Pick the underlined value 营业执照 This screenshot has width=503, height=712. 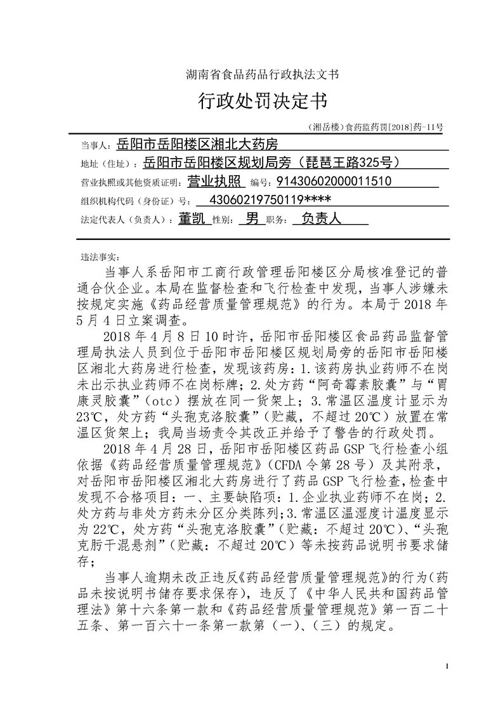[216, 181]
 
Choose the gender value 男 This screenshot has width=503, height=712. [252, 218]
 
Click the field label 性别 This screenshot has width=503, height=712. [221, 220]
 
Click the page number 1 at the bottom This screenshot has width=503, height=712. [448, 665]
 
